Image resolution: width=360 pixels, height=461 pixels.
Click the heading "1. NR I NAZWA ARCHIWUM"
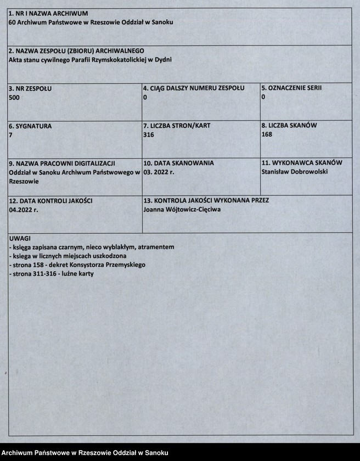click(48, 13)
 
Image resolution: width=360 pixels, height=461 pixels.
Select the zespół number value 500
click(15, 97)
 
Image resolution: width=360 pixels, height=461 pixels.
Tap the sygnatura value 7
click(11, 134)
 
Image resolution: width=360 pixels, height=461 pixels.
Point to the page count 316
click(148, 134)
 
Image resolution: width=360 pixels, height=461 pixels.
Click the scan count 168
click(267, 134)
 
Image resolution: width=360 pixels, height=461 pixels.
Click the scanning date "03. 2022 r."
click(159, 172)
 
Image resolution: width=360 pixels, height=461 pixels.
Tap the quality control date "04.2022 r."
click(24, 210)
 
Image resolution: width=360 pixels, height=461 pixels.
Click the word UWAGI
click(20, 239)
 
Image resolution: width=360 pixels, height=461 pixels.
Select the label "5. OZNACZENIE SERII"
click(291, 88)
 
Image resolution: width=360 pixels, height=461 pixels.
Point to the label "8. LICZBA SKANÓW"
click(289, 125)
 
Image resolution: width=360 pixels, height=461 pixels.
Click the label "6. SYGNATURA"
click(30, 126)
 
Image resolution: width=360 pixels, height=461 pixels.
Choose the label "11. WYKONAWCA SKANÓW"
click(302, 163)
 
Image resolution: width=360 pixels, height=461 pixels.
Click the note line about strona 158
click(77, 265)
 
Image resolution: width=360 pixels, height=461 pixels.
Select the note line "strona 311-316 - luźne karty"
click(52, 273)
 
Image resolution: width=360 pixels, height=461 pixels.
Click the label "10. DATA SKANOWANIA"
click(178, 163)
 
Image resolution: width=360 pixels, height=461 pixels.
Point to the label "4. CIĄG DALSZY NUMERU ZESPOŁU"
click(194, 88)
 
